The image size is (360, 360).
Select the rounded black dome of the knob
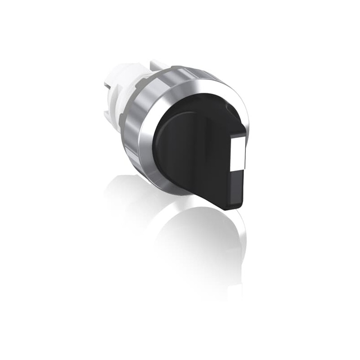click(x=180, y=135)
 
